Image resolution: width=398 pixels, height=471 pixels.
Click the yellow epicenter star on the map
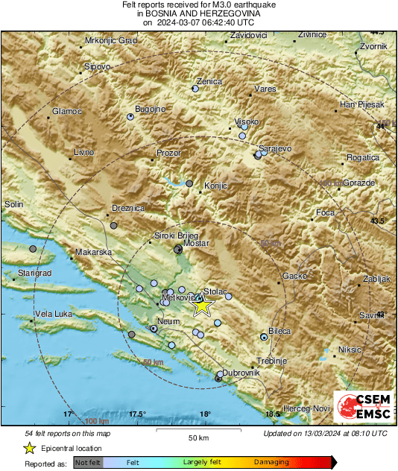pos(202,305)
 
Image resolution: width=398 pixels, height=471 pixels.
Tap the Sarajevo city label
pos(276,149)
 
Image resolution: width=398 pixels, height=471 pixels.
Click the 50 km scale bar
pos(198,431)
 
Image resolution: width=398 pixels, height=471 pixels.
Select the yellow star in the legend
pos(29,448)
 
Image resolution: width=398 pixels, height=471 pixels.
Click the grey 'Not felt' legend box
pos(89,462)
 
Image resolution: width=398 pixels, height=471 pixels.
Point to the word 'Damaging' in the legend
pos(271,462)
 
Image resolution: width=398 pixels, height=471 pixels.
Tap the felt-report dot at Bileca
pos(264,337)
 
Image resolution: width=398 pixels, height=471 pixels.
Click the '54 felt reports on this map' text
pos(67,433)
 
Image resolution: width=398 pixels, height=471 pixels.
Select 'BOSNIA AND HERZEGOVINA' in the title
pos(198,13)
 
